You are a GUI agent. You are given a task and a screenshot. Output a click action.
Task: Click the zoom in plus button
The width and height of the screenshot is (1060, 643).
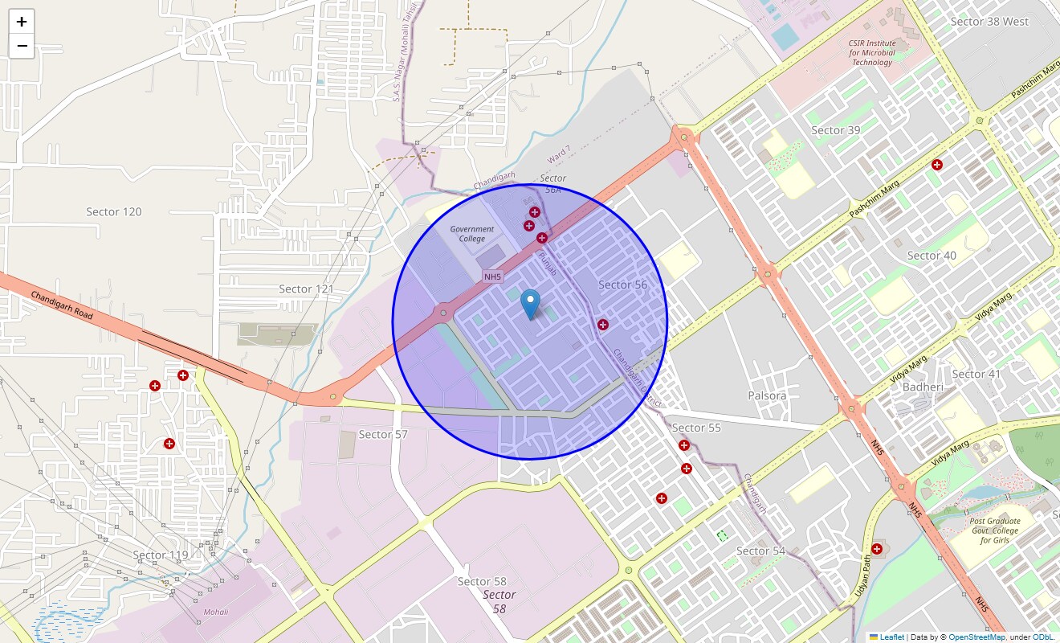tap(22, 22)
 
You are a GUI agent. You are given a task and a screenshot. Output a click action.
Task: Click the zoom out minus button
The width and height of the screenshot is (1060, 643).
tap(22, 46)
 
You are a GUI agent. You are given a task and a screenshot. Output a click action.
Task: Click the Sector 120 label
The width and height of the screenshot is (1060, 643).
tap(114, 211)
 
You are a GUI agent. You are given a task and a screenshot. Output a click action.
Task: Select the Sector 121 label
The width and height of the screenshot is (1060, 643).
tap(306, 289)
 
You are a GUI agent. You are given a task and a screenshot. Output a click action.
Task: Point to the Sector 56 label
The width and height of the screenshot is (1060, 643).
tap(622, 285)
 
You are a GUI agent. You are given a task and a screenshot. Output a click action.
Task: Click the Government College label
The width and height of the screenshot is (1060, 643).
tap(472, 234)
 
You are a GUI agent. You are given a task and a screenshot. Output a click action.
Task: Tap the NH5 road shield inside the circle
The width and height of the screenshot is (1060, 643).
tap(492, 276)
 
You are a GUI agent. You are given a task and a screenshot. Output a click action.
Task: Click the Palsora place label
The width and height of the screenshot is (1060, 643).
tap(767, 395)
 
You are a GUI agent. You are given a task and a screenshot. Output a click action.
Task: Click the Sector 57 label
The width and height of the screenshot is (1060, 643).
tap(383, 434)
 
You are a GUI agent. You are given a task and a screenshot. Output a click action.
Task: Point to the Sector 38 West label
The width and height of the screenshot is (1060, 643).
tap(989, 22)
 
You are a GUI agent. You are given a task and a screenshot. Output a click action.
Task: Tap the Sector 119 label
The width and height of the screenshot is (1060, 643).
tap(161, 555)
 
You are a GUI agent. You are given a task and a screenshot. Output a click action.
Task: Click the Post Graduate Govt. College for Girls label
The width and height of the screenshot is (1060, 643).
tap(993, 530)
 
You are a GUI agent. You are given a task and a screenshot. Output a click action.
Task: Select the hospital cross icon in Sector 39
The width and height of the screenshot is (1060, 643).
tap(936, 165)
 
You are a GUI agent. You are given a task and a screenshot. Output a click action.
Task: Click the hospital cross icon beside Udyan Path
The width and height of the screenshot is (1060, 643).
tap(877, 549)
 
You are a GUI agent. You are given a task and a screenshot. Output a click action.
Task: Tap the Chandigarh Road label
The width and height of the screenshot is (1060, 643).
tap(62, 305)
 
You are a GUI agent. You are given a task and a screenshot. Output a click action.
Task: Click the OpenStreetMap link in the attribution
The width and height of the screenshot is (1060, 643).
tap(976, 637)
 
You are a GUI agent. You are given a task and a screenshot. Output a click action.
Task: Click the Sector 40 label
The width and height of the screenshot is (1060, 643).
tap(932, 256)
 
